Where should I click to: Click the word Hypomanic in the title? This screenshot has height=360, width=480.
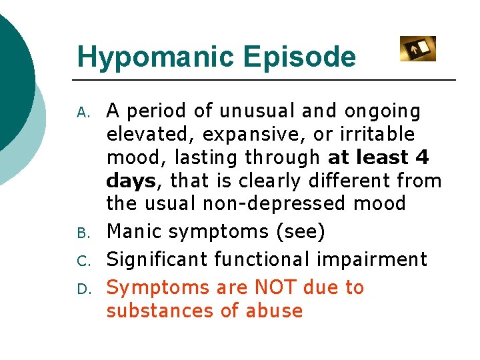pos(156,57)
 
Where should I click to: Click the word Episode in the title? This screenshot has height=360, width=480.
pos(299,57)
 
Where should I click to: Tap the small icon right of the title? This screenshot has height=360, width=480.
pos(417,49)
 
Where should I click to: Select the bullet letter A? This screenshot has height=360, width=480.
pos(83,112)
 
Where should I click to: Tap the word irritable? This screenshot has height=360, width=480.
pos(385,135)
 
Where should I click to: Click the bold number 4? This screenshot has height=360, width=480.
pos(421,158)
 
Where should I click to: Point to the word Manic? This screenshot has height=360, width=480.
pos(135,232)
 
